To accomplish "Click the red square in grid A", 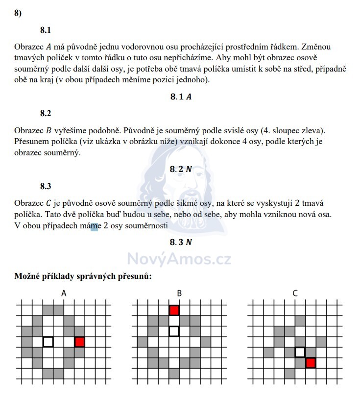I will point(80,342).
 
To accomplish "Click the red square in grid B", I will point(174,310).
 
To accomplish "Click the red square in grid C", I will point(310,363).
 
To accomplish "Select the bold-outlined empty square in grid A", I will point(48,342).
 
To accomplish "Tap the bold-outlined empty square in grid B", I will point(174,331).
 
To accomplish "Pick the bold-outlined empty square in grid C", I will point(300,352).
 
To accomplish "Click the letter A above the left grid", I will point(64,294).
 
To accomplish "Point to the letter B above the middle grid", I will point(179,294).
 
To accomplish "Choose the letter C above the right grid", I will point(295,294).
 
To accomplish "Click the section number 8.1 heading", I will point(46,30).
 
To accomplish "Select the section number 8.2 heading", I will point(46,113).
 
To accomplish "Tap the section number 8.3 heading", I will point(46,186).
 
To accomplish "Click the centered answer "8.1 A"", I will point(180,97).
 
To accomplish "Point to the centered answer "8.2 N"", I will point(180,169).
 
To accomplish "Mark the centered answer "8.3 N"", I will point(180,242).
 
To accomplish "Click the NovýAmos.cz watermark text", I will point(179,258).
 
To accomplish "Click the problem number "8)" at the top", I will point(18,13).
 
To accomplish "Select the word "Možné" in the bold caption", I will point(29,276).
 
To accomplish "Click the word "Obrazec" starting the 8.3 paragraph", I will point(29,203).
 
